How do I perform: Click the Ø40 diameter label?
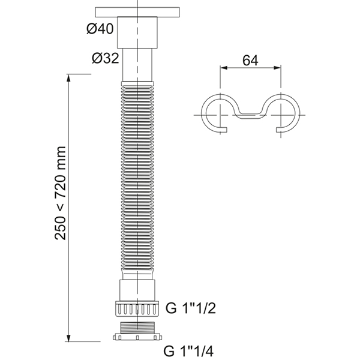point(100,29)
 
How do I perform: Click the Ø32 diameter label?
point(106,58)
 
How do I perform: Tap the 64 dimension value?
point(250,61)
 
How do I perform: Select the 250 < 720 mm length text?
point(61,193)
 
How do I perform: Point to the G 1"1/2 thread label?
point(191,308)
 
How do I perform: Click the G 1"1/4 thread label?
point(188,351)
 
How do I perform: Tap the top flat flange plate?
point(137,12)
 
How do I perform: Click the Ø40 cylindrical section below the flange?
point(137,32)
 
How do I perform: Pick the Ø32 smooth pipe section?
point(137,65)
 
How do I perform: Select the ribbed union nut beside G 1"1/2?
point(137,309)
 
